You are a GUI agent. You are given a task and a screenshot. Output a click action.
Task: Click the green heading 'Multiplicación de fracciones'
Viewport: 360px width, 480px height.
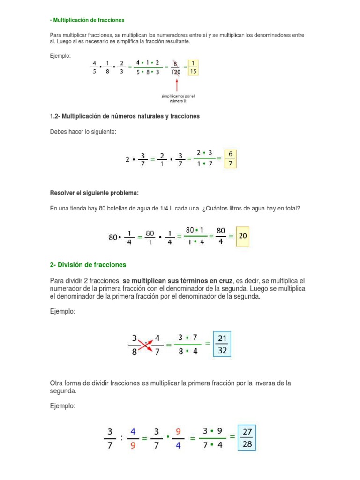click(89, 20)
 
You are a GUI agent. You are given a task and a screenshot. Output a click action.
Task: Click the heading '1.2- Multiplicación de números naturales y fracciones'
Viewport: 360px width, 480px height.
click(125, 116)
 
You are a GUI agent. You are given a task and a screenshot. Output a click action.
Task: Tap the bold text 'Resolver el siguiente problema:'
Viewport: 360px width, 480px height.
click(94, 193)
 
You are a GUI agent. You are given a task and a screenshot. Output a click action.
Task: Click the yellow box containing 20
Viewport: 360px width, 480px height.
click(243, 236)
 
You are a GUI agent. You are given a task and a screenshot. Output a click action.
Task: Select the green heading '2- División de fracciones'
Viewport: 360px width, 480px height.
click(88, 265)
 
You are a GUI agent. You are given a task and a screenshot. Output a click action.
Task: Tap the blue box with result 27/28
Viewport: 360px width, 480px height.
click(247, 437)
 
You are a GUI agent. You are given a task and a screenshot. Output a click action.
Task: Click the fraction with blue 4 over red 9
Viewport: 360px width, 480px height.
click(134, 438)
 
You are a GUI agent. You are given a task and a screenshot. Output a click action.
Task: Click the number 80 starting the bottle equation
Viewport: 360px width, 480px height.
click(113, 237)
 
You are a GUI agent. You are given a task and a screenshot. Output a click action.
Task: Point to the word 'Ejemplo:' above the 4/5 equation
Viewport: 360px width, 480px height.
click(60, 56)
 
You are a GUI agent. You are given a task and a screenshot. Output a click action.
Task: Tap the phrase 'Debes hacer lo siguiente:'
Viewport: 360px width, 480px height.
click(82, 132)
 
